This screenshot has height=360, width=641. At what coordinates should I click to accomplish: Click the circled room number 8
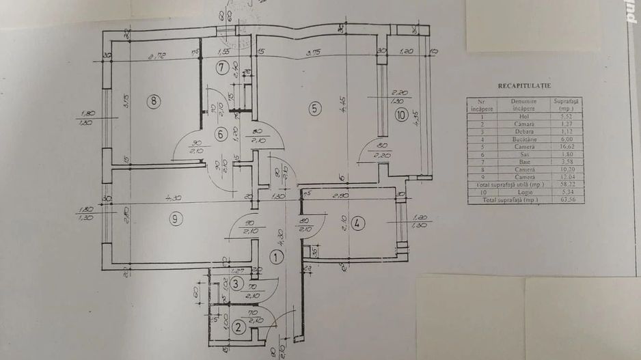(155, 102)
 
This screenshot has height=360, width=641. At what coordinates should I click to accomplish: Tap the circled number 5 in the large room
(314, 107)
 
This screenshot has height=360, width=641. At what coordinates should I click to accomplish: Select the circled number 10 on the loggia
(400, 115)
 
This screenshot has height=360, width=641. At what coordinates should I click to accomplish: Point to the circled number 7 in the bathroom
(221, 67)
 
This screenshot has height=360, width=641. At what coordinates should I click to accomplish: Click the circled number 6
(220, 135)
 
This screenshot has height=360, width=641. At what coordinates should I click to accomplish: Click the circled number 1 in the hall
(275, 258)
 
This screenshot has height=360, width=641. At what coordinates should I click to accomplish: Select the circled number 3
(236, 283)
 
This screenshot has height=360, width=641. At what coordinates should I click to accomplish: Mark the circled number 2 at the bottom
(238, 327)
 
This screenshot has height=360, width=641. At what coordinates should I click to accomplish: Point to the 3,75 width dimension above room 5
(314, 52)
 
